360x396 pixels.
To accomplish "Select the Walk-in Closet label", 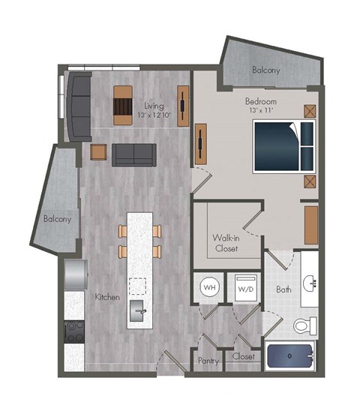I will pos(226,242).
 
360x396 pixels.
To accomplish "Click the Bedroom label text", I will pos(260,100).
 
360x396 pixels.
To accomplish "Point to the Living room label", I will pos(154,106).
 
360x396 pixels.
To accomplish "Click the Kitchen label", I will pos(107,297).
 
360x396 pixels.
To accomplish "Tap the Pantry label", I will pos(208,360).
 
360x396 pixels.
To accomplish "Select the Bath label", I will pos(283,289).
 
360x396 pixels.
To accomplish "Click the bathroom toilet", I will pos(304,325).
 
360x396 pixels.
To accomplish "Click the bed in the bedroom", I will pos(283,145).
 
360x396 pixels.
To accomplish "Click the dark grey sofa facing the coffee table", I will pos(134,154).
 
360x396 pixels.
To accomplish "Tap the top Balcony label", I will pos(266,70).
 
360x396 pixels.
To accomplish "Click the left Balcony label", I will pos(57,220).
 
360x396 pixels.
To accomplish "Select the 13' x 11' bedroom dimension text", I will pos(261,111).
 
